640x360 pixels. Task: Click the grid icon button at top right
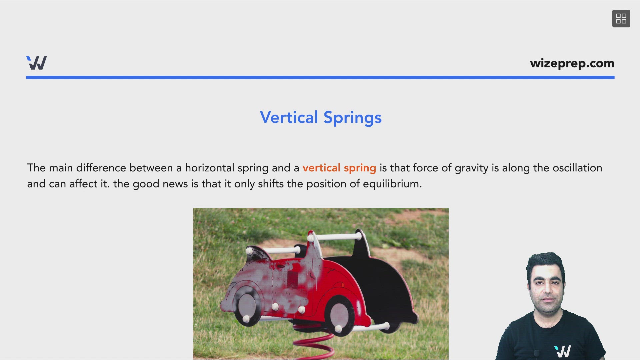tap(621, 19)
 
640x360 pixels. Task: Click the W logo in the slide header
tap(37, 63)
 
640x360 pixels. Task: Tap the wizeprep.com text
tap(572, 63)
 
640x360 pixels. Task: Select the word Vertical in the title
tap(289, 117)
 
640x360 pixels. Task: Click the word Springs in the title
tap(352, 118)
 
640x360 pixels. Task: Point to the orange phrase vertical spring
tap(339, 168)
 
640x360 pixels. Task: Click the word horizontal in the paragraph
tap(210, 168)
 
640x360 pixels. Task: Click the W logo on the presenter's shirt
tap(563, 351)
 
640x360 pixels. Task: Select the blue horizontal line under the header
tap(320, 77)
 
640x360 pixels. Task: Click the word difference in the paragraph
tap(101, 168)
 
